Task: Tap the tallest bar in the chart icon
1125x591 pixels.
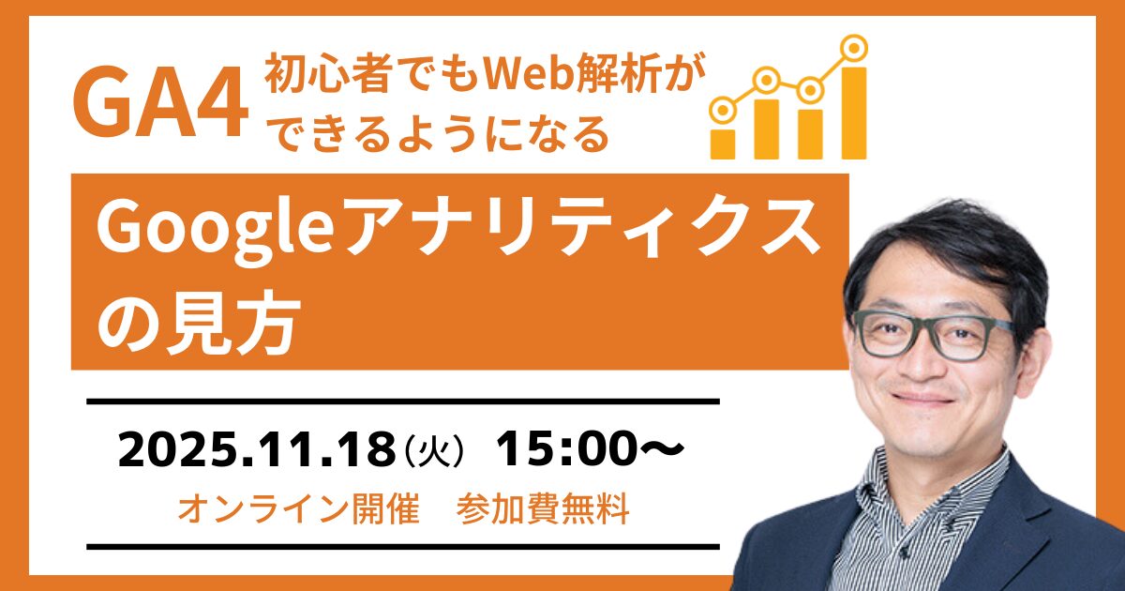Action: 853,112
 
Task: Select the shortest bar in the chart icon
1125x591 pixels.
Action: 722,142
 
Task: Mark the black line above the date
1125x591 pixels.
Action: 403,402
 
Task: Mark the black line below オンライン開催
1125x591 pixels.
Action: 403,546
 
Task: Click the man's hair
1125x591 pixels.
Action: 947,244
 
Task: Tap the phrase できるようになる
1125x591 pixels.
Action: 440,136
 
